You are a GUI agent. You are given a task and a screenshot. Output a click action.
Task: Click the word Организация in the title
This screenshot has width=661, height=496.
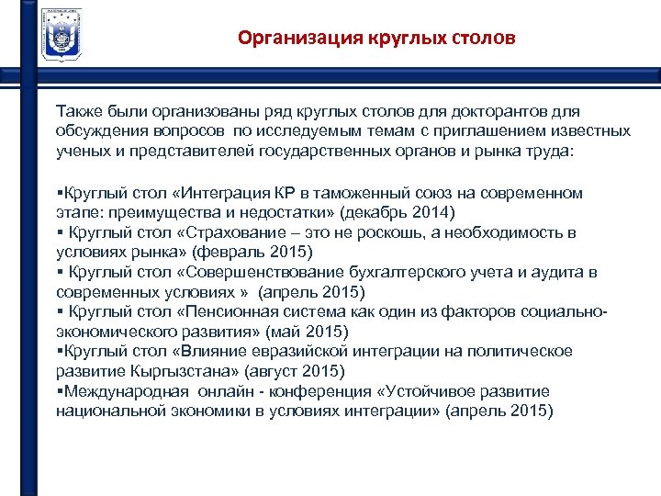pos(292,39)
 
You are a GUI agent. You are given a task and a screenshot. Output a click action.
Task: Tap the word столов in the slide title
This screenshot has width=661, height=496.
pos(484,39)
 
